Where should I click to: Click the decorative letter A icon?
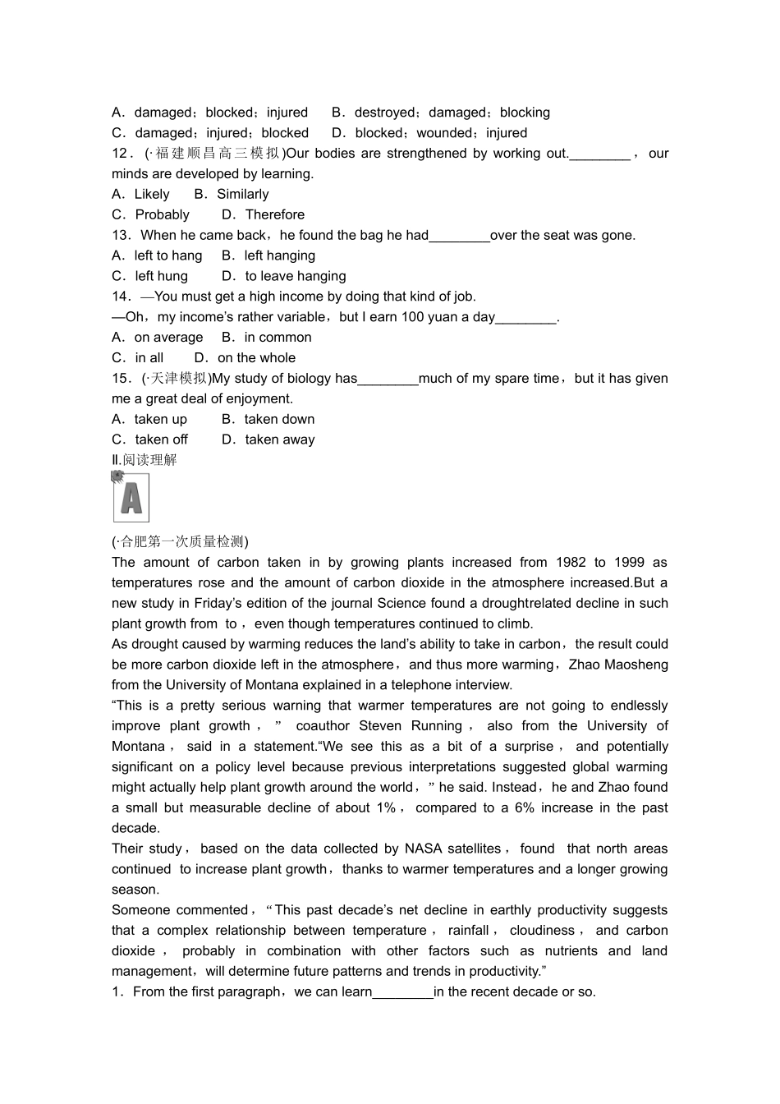[131, 497]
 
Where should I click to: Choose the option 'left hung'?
[161, 276]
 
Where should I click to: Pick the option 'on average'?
[168, 338]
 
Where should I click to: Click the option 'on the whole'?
[256, 358]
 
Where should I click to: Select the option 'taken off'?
[161, 440]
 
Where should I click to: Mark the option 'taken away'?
[279, 440]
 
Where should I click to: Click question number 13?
[121, 236]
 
